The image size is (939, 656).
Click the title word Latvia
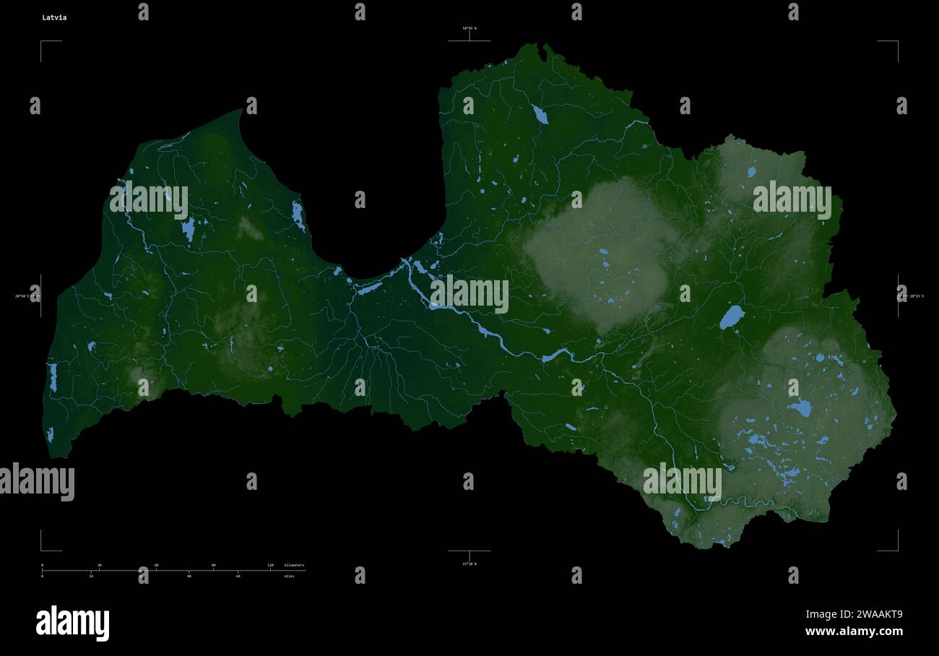click(54, 17)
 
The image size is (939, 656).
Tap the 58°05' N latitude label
click(469, 28)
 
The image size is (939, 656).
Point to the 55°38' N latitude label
click(469, 564)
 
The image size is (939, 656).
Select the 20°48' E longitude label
click(22, 296)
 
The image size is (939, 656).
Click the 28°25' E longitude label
click(916, 296)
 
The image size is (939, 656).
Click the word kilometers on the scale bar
click(294, 565)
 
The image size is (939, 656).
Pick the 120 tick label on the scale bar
click(270, 565)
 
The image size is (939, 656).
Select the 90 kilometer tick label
click(213, 565)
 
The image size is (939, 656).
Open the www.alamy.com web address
click(854, 631)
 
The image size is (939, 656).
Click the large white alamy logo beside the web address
click(72, 623)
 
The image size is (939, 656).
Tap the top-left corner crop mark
click(42, 43)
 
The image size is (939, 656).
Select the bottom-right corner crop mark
click(896, 549)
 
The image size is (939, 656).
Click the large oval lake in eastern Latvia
click(732, 316)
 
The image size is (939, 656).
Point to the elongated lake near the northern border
click(539, 113)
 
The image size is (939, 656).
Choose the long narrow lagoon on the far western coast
click(53, 377)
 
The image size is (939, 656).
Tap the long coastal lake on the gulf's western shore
click(298, 215)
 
